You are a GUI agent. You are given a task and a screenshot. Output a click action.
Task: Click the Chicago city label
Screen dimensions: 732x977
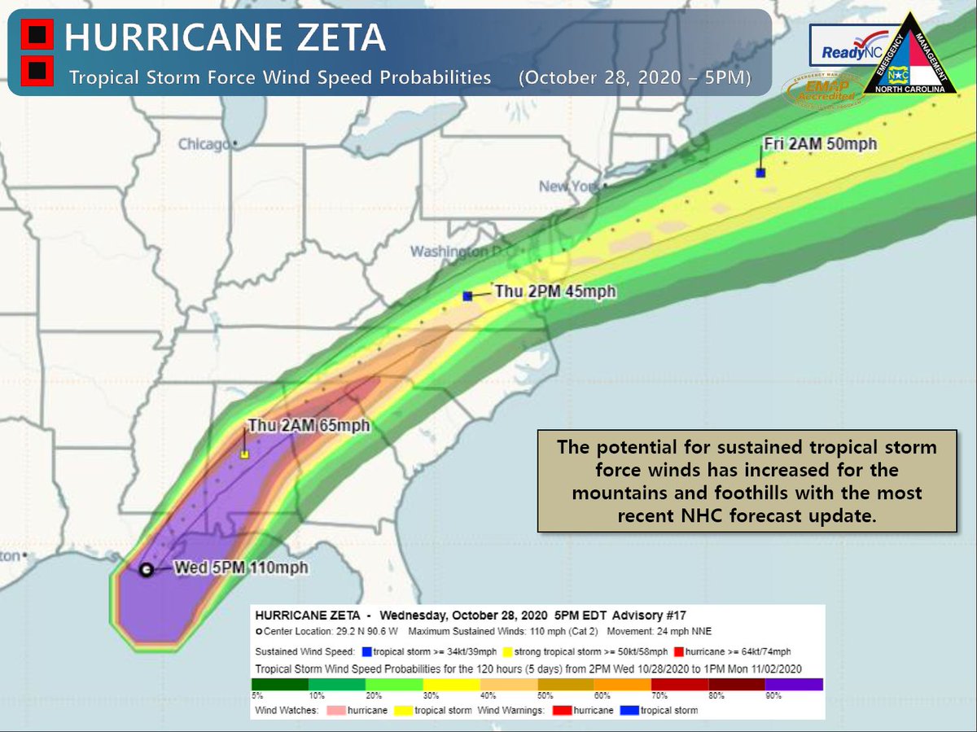click(204, 144)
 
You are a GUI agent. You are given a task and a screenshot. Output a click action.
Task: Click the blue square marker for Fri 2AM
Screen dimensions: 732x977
click(760, 173)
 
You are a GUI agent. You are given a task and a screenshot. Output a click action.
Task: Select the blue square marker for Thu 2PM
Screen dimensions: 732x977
click(467, 296)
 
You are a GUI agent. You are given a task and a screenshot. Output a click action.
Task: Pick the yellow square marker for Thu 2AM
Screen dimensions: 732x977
click(244, 454)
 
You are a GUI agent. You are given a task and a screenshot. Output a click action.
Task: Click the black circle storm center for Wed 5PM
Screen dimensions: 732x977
click(146, 570)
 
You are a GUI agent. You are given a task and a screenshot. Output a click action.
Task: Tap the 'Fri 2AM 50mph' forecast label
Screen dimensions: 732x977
click(820, 144)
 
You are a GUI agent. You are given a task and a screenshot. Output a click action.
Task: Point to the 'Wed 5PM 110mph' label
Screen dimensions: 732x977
click(242, 568)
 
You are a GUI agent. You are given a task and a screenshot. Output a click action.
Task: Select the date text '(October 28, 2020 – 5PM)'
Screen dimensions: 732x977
click(633, 78)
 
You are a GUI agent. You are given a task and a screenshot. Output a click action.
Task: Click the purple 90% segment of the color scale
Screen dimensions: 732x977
click(794, 684)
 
